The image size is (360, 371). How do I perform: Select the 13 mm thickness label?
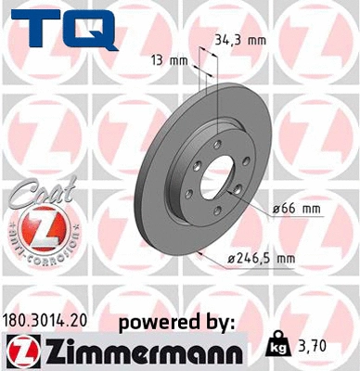[x=171, y=61]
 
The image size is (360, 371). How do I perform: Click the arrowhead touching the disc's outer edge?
[x=199, y=250]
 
